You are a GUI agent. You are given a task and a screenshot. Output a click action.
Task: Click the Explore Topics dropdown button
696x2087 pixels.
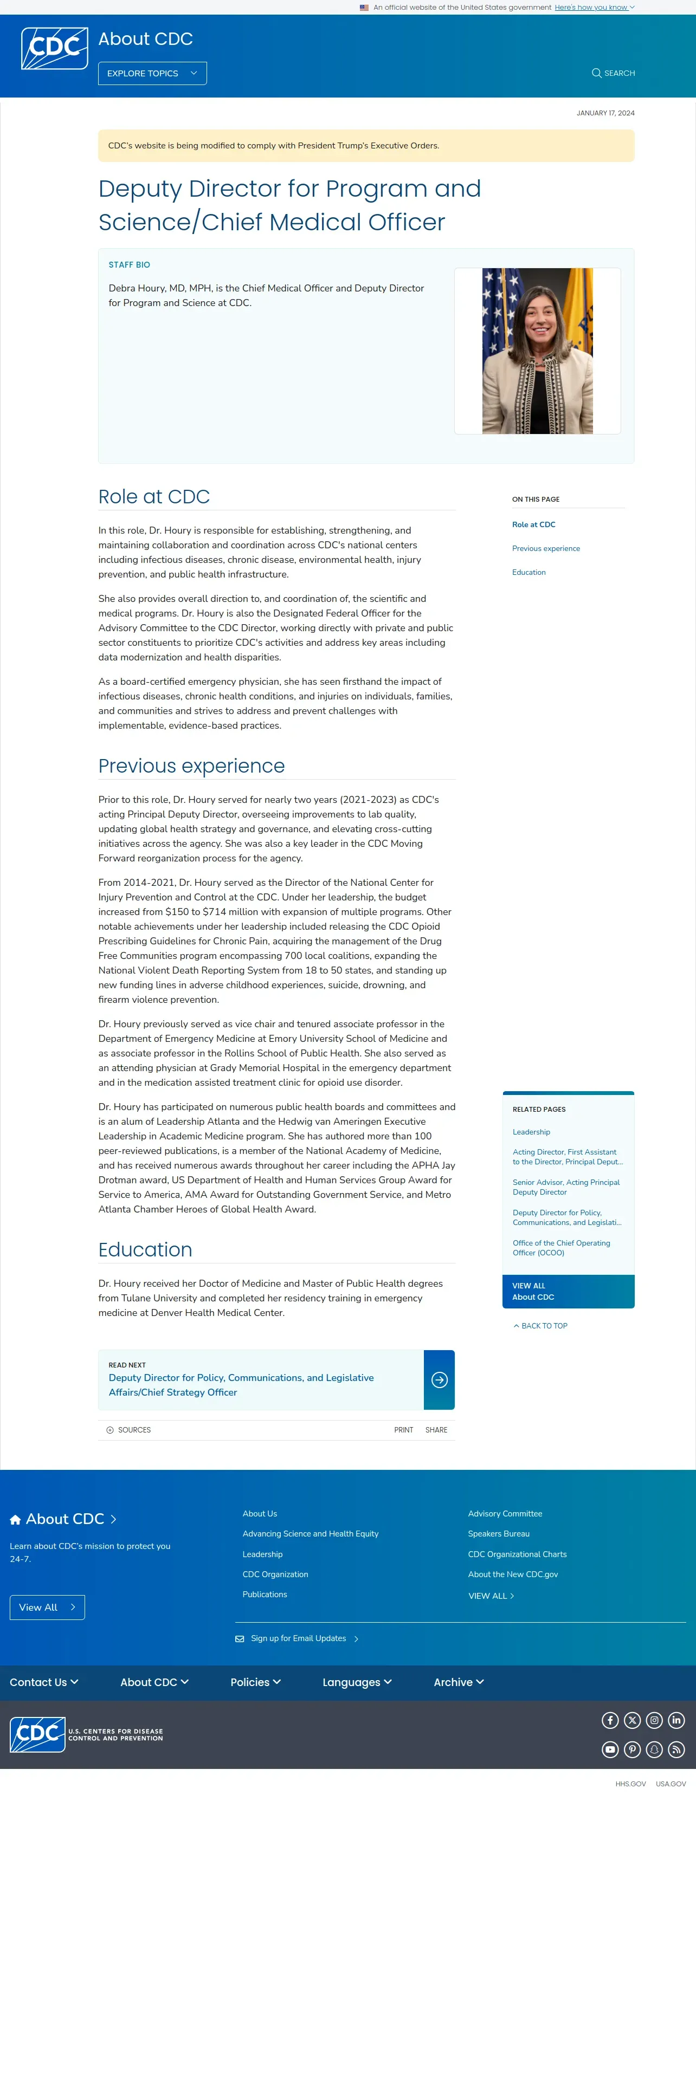152,74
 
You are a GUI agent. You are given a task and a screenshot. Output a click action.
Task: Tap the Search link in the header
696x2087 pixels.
614,74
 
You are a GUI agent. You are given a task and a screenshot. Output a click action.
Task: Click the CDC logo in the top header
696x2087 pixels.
54,49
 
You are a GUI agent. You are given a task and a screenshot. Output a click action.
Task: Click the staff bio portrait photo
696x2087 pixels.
537,351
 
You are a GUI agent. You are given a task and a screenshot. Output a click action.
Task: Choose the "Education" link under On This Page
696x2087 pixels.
529,573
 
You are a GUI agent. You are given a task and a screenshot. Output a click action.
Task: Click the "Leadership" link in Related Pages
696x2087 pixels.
531,1132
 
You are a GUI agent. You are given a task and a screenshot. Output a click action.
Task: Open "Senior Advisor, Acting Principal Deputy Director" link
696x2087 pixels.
565,1188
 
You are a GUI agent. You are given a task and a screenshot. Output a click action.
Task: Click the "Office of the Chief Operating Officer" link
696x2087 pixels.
560,1248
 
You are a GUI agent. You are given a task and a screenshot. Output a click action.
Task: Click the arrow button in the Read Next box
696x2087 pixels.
439,1380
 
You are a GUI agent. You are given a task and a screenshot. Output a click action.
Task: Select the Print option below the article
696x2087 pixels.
403,1430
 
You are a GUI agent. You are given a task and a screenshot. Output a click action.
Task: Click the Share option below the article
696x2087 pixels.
436,1430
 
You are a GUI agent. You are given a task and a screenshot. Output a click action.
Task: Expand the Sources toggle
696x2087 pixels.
129,1430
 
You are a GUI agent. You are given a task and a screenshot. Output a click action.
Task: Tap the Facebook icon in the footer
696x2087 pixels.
610,1720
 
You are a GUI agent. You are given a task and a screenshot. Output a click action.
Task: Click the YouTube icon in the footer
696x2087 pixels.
610,1749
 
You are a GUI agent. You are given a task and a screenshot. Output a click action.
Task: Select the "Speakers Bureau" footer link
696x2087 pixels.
498,1534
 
